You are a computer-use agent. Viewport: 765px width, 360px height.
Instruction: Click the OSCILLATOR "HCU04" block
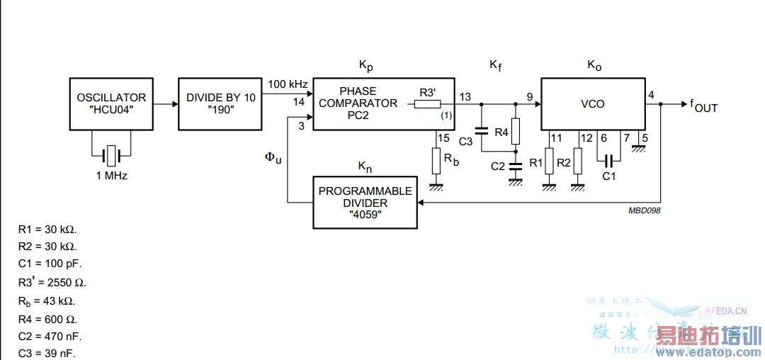111,103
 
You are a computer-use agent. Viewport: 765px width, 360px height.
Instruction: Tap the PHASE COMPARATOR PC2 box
383,103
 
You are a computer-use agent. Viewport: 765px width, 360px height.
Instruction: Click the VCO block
592,103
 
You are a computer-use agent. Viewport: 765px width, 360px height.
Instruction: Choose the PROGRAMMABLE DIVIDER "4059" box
365,202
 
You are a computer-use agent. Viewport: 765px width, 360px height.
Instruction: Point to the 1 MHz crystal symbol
111,154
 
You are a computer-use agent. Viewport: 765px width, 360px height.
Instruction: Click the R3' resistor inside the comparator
427,104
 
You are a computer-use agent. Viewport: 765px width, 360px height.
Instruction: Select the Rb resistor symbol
436,160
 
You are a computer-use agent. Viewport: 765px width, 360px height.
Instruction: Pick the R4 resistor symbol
516,130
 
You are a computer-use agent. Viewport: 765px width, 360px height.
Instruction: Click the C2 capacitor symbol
516,166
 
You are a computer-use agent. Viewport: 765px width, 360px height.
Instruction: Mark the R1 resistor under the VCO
549,162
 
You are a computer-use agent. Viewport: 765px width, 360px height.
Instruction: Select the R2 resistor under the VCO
578,162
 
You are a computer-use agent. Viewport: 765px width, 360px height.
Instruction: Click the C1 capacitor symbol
608,157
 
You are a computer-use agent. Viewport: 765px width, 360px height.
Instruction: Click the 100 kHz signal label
287,84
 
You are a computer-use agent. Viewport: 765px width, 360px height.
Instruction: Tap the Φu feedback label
273,157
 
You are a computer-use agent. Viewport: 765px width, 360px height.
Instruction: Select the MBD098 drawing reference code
644,210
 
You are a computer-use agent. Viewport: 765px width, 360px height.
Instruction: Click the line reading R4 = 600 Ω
47,318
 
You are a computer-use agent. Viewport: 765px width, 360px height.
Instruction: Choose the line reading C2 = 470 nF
49,336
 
